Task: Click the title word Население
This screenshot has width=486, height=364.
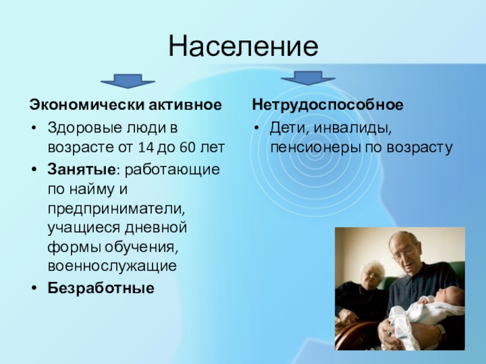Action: pos(244,46)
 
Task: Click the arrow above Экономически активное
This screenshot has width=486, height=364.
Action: pos(128,81)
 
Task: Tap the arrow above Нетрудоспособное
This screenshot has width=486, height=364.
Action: pos(308,78)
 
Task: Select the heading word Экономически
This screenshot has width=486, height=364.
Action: pos(87,104)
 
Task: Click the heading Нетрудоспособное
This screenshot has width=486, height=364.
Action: pos(327,104)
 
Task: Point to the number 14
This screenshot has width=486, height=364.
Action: pos(146,147)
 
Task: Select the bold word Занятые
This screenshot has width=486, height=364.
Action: pos(81,170)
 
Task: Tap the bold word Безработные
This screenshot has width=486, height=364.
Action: pos(101,288)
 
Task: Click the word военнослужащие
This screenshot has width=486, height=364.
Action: pos(112,266)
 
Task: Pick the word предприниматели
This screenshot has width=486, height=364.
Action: pos(116,209)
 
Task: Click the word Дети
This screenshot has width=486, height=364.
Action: pos(289,127)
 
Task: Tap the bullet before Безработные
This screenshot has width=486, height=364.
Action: pos(34,288)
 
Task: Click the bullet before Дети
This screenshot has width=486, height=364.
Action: pos(256,128)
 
